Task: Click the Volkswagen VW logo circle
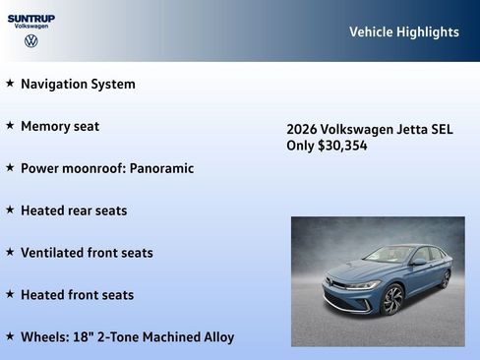click(30, 41)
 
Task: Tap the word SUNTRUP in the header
click(31, 18)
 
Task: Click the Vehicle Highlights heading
click(403, 31)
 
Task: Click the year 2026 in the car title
click(301, 129)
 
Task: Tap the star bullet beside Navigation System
click(10, 84)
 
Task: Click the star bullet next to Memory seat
click(10, 126)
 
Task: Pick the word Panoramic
click(161, 168)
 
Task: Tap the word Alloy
click(215, 337)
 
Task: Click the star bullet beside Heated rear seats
click(10, 210)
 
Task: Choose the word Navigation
click(55, 84)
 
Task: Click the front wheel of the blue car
click(392, 299)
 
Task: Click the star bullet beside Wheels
click(10, 337)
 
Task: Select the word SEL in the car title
click(442, 129)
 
